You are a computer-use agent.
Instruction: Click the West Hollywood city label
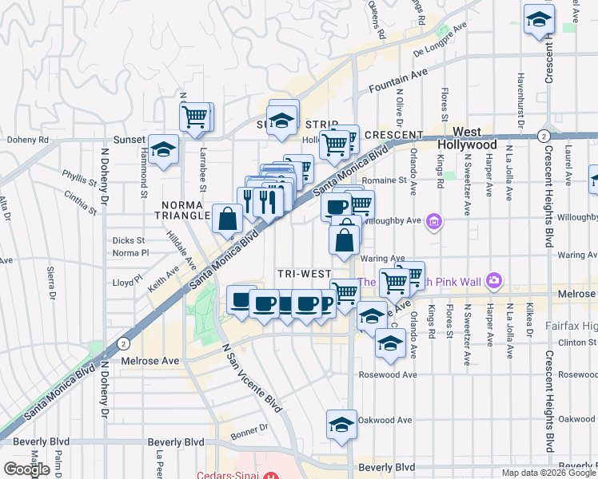point(478,138)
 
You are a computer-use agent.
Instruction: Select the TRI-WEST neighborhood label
point(304,274)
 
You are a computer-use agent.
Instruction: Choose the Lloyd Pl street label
point(126,282)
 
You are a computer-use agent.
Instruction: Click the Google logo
point(26,469)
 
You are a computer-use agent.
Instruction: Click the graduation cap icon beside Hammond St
point(164,149)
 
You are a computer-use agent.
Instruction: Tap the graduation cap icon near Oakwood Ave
point(341,423)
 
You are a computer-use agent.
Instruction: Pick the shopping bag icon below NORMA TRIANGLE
point(228,217)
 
